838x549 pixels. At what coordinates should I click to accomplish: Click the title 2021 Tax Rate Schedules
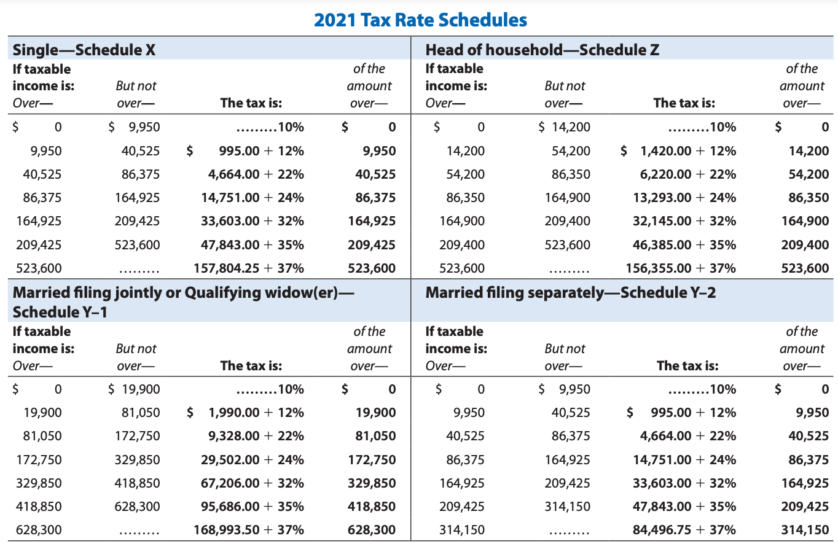[420, 20]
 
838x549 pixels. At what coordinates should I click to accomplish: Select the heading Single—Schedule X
[84, 50]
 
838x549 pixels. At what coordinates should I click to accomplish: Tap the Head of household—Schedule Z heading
[542, 50]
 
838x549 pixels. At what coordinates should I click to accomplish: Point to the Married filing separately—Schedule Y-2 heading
[570, 292]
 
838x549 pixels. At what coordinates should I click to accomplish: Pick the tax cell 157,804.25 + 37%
[249, 268]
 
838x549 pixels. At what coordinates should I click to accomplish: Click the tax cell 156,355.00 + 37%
[681, 268]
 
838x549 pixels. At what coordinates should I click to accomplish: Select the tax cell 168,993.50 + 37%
[249, 530]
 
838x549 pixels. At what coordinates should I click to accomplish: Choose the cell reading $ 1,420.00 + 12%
[679, 151]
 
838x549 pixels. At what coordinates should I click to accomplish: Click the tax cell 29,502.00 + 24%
[253, 459]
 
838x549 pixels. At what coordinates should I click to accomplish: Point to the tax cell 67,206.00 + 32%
[253, 483]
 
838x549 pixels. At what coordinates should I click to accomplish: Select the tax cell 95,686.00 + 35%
[253, 507]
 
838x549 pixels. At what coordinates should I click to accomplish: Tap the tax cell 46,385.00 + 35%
[684, 245]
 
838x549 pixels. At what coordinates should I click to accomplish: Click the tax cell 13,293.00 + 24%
[684, 198]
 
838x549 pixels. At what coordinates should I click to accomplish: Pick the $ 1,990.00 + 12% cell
[245, 413]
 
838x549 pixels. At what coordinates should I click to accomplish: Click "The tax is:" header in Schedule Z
[684, 103]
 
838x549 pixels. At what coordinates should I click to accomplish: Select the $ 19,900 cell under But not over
[133, 389]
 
